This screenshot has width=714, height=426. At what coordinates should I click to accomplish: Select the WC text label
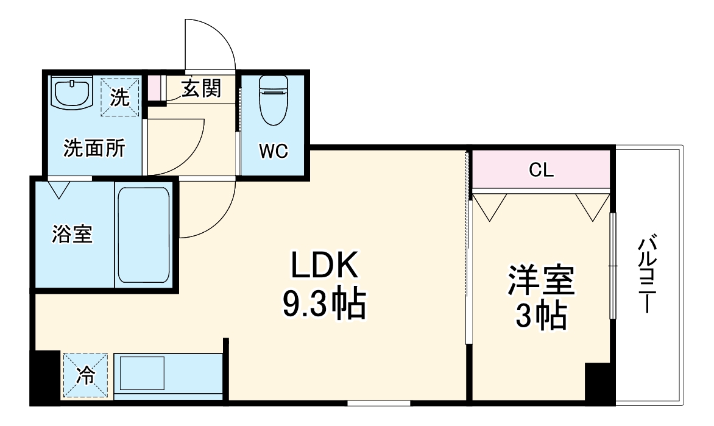coord(274,151)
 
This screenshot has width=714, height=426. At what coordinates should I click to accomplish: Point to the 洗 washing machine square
coord(120,96)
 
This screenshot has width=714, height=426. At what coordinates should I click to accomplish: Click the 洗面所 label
coord(94,148)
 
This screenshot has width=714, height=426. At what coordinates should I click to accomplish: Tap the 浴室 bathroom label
coord(72,235)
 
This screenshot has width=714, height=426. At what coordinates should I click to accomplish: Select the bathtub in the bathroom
coord(143,235)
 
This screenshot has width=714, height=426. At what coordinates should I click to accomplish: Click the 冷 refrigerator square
coord(87,376)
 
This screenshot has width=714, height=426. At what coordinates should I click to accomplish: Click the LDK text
coord(322,268)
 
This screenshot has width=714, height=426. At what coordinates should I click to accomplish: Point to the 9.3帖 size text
coord(323,304)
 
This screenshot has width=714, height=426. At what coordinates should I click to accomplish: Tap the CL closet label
coord(541,171)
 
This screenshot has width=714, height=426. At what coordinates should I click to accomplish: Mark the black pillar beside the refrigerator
coord(46,378)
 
